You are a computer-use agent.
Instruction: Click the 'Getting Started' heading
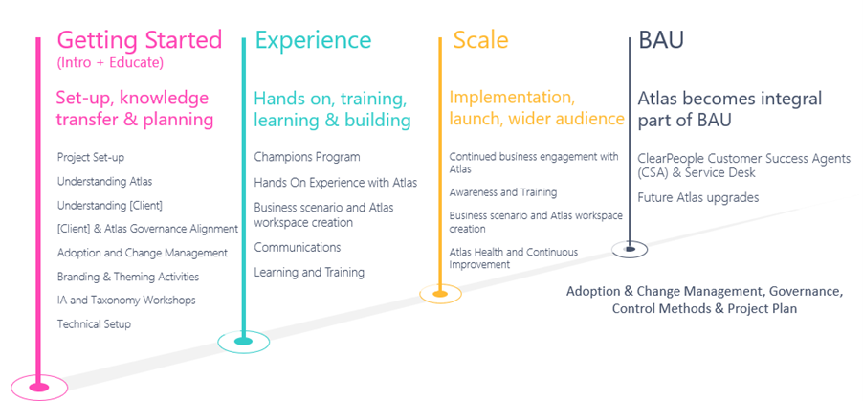pyautogui.click(x=139, y=40)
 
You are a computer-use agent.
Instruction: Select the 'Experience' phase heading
pyautogui.click(x=313, y=40)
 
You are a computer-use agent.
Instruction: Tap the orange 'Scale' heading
pyautogui.click(x=480, y=40)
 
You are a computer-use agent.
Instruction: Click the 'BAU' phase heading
pyautogui.click(x=661, y=40)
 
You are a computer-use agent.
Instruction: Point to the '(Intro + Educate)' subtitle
pyautogui.click(x=110, y=63)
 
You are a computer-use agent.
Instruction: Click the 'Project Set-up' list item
pyautogui.click(x=91, y=157)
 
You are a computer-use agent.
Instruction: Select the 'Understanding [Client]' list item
pyautogui.click(x=109, y=205)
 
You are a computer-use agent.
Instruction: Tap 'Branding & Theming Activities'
pyautogui.click(x=128, y=277)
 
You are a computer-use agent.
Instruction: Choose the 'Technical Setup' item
pyautogui.click(x=94, y=324)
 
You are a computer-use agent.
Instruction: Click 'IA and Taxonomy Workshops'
pyautogui.click(x=126, y=301)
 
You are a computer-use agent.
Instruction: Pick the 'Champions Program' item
pyautogui.click(x=307, y=157)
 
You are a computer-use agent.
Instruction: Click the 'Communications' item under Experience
pyautogui.click(x=298, y=247)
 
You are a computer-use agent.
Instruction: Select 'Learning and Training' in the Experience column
pyautogui.click(x=309, y=273)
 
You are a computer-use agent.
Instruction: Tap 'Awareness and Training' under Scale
pyautogui.click(x=503, y=192)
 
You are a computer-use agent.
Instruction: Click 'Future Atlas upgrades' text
pyautogui.click(x=698, y=197)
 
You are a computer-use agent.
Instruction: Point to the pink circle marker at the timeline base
pyautogui.click(x=38, y=387)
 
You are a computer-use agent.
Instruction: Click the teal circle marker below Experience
pyautogui.click(x=244, y=340)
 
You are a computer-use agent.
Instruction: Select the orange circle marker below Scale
pyautogui.click(x=440, y=294)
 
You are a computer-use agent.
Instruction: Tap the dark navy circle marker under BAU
pyautogui.click(x=630, y=249)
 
